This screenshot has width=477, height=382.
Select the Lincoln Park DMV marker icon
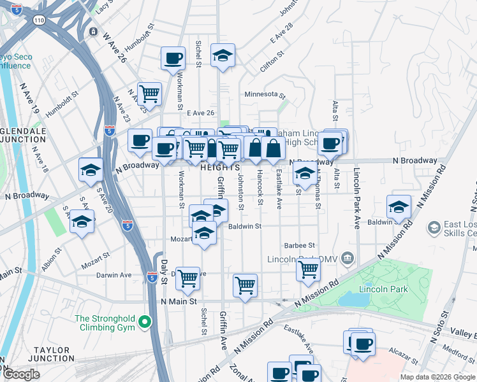click(x=347, y=258)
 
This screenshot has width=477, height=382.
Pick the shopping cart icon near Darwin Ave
click(x=187, y=278)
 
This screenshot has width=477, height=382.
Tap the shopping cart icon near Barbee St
click(x=308, y=269)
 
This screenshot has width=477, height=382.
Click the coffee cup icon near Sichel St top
click(x=172, y=59)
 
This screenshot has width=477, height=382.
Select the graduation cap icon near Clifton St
click(x=223, y=55)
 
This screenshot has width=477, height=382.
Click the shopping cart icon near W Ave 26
click(x=149, y=93)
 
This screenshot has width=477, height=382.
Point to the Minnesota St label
click(x=265, y=94)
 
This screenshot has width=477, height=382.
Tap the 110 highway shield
click(x=40, y=20)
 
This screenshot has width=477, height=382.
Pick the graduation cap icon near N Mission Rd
click(x=399, y=206)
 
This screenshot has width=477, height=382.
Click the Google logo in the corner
click(x=21, y=374)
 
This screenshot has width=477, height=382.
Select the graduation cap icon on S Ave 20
click(x=82, y=222)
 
